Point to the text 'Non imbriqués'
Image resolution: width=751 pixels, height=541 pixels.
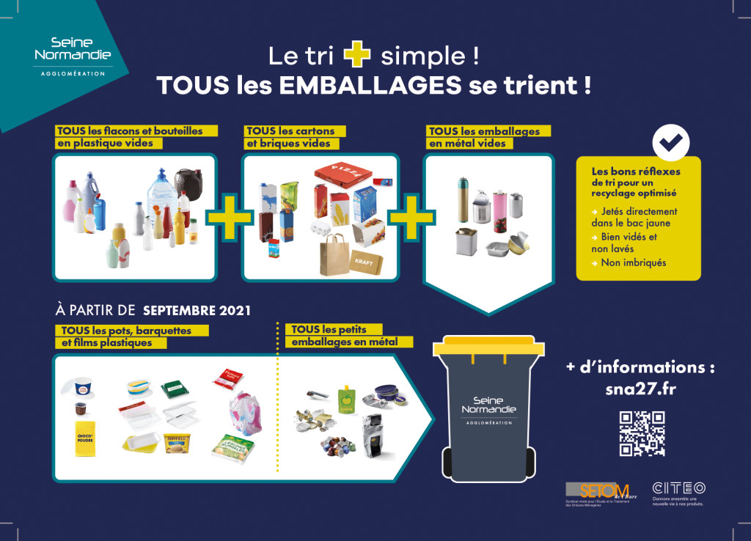pos(633,262)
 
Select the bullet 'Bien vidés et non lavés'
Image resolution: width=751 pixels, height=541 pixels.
pos(628,243)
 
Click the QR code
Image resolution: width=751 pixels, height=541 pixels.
pos(642,433)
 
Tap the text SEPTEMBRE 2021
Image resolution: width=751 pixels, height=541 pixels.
pos(197,310)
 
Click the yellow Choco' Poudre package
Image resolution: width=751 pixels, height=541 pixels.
pos(86,438)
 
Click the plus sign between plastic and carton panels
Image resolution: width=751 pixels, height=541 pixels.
pos(229,218)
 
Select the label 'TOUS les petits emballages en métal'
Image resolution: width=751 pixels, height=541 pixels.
pos(345,336)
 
